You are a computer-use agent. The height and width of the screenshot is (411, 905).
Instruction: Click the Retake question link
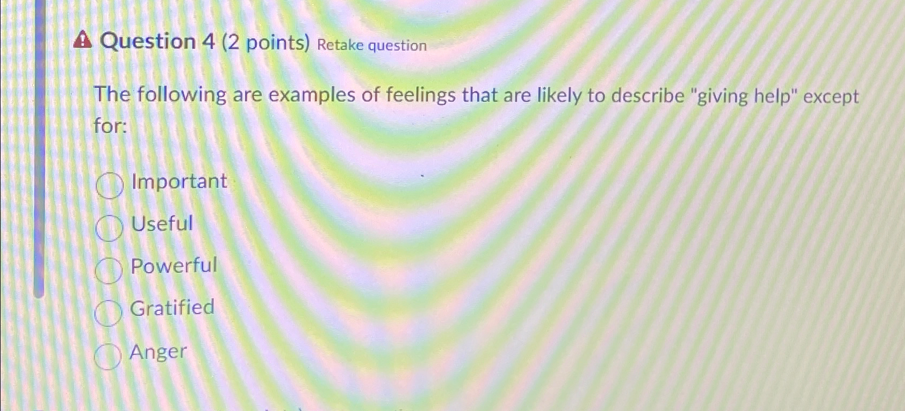[x=372, y=45]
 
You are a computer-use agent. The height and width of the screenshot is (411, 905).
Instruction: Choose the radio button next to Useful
[x=109, y=228]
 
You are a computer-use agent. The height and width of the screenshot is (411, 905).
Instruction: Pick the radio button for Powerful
[x=108, y=270]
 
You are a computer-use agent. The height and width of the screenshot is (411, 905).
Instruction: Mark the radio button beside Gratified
[x=108, y=313]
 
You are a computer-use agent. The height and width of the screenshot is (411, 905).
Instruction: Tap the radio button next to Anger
[x=107, y=356]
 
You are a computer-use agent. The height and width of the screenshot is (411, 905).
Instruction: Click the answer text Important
[x=179, y=181]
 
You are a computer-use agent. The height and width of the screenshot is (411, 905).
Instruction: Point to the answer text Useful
[x=162, y=223]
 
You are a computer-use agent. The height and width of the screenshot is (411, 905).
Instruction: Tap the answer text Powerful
[x=174, y=266]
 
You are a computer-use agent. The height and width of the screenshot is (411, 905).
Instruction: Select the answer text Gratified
[x=172, y=307]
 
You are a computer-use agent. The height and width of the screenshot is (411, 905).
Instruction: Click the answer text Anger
[x=158, y=352]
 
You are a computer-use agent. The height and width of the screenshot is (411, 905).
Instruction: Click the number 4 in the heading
[x=209, y=41]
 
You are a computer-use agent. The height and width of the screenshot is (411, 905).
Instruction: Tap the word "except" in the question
[x=831, y=97]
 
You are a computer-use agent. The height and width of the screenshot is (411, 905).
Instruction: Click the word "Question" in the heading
[x=148, y=41]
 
